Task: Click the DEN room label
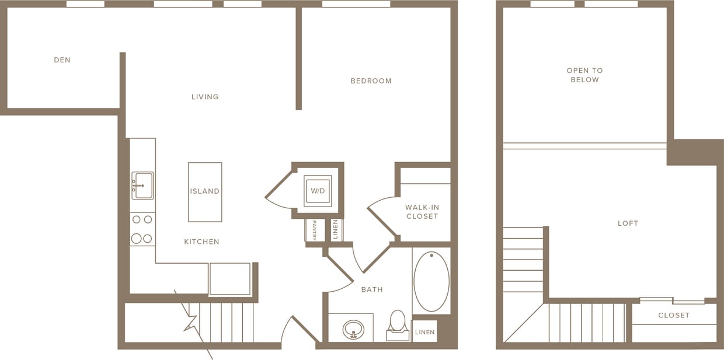[62, 60]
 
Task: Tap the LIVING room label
[205, 97]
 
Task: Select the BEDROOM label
[371, 81]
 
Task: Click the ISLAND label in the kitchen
[204, 191]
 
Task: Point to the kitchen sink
[142, 186]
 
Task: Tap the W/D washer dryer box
[317, 191]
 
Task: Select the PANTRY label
[314, 230]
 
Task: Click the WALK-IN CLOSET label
[422, 212]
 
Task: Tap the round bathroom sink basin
[353, 330]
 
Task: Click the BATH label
[372, 289]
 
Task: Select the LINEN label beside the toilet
[424, 333]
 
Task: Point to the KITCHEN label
[201, 242]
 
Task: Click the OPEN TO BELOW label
[584, 75]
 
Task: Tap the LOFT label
[628, 223]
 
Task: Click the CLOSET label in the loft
[674, 316]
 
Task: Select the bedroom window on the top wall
[356, 4]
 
